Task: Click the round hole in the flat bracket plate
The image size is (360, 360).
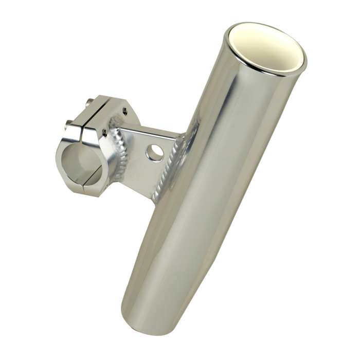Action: point(154,152)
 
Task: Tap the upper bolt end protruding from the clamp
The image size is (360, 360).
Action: point(91,102)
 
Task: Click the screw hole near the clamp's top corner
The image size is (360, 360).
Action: point(124,110)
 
